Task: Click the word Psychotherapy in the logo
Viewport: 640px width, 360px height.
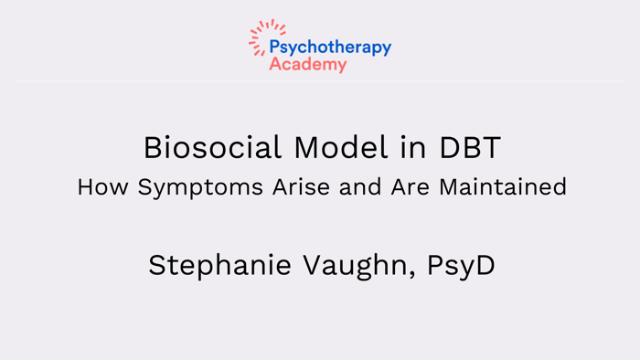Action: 330,48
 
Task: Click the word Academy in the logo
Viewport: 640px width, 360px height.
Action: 308,65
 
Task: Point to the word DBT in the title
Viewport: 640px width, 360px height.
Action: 469,147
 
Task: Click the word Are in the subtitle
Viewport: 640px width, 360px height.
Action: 411,187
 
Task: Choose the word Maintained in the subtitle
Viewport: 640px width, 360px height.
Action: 503,187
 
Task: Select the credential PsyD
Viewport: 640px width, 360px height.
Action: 461,266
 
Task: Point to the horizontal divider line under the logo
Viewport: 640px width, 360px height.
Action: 320,81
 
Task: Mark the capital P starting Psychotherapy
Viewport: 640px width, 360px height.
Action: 274,48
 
